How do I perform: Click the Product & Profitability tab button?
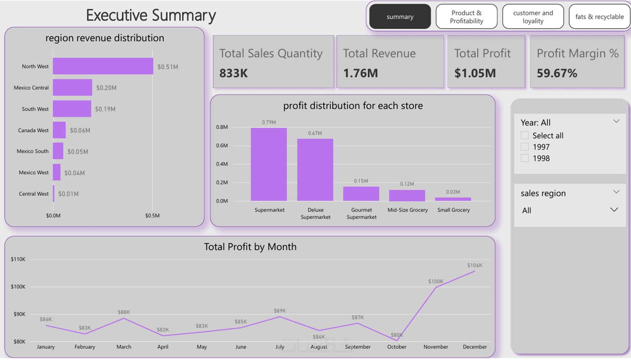[x=466, y=17]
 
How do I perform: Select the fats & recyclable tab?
[x=599, y=17]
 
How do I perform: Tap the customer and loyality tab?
[x=533, y=17]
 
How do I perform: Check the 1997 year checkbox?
[x=524, y=147]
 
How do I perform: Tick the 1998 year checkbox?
[x=524, y=158]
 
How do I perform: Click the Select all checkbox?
[x=524, y=135]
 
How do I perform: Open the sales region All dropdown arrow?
[x=614, y=210]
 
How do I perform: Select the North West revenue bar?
[x=103, y=66]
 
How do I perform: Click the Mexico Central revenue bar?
[x=72, y=88]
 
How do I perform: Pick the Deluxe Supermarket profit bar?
[x=315, y=170]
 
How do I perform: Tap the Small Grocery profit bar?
[x=453, y=199]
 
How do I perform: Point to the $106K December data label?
[x=475, y=265]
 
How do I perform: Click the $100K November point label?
[x=435, y=281]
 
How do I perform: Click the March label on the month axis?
[x=124, y=347]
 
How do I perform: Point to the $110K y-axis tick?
[x=18, y=259]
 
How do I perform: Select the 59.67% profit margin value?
[x=557, y=73]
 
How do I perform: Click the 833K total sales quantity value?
[x=233, y=73]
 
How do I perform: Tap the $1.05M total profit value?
[x=475, y=73]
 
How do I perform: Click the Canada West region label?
[x=33, y=130]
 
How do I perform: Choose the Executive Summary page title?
[x=151, y=15]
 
